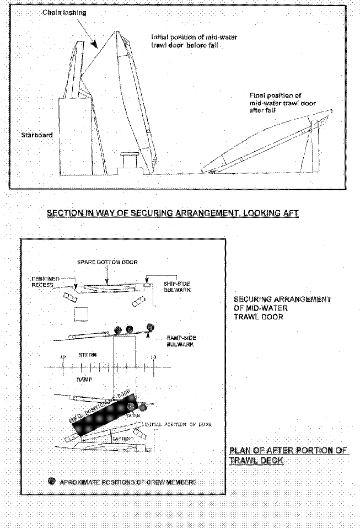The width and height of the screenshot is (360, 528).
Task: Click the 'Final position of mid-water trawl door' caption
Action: coord(276,103)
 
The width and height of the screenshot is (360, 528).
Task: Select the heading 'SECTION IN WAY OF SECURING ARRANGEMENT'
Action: coord(172,213)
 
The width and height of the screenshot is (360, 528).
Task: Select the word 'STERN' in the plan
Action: coord(88,356)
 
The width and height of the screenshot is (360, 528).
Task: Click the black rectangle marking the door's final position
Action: coord(105,412)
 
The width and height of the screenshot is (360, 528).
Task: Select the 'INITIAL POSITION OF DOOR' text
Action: coord(178,424)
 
